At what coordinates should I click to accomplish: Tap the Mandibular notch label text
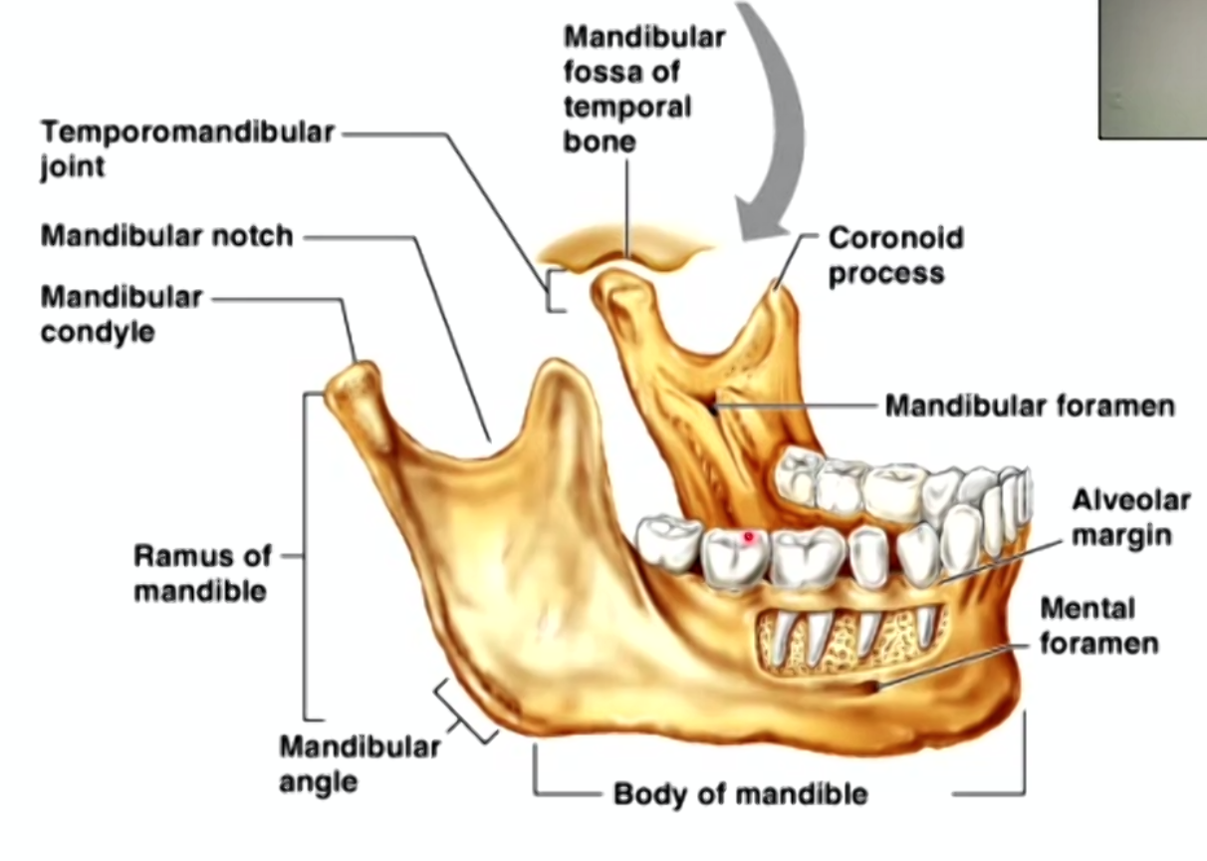click(x=167, y=236)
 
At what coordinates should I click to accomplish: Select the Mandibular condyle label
click(x=121, y=314)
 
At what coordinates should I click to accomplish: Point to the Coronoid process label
click(x=895, y=254)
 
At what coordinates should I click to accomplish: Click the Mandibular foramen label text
click(x=1030, y=406)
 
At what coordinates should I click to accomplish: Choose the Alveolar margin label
click(x=1129, y=517)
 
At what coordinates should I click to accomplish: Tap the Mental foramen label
click(x=1098, y=626)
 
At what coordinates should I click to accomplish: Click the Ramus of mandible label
click(x=200, y=573)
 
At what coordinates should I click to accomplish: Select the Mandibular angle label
click(x=359, y=762)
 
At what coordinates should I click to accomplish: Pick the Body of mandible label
click(x=740, y=793)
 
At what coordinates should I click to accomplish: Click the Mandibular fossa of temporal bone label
click(x=643, y=89)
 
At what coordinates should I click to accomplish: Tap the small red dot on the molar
click(x=749, y=537)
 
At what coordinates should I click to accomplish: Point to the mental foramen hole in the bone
click(x=873, y=686)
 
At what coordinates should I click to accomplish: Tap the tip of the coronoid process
click(x=776, y=289)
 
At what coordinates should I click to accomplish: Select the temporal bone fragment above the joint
click(x=627, y=248)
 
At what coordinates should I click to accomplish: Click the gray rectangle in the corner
click(x=1152, y=68)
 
